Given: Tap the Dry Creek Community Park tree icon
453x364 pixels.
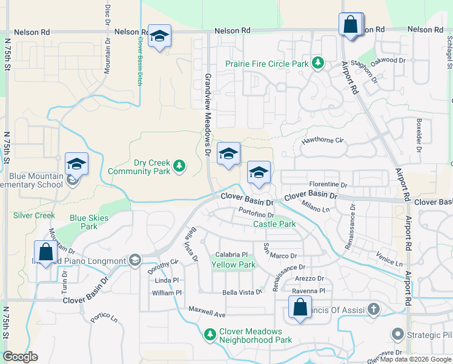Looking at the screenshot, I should pos(179,166).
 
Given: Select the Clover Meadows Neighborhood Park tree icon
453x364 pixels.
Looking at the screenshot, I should pos(210,334).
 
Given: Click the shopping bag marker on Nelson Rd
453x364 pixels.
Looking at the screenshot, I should pos(351,25).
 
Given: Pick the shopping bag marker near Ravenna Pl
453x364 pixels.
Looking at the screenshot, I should pos(300,308).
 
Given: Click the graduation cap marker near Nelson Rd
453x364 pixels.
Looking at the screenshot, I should pos(159,36).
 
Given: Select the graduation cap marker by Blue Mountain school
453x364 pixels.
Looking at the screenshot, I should pos(77,164).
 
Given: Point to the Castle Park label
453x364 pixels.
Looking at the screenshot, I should pos(274,224).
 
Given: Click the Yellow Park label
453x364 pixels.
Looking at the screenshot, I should pos(233,265).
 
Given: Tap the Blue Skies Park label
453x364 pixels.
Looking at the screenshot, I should pos(88,222).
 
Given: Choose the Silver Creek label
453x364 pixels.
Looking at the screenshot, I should pos(35,215).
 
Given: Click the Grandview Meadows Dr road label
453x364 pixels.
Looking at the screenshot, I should pos(208,115).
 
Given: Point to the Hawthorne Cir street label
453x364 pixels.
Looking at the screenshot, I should pos(323,141).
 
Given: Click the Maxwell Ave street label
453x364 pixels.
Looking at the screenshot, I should pos(207,315).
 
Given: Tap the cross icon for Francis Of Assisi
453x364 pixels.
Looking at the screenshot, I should pos(374,310).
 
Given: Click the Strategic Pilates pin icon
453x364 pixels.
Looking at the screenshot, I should pos(397,334).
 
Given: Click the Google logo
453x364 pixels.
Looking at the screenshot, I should pos(20,357).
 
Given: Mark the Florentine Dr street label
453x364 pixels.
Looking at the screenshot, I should pos(327,184).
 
